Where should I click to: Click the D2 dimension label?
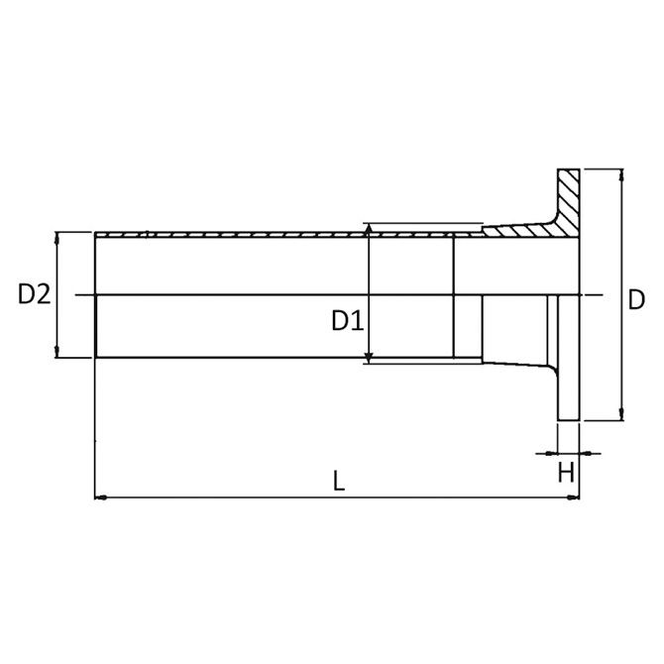pyautogui.click(x=35, y=294)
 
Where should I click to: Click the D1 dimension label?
pyautogui.click(x=348, y=320)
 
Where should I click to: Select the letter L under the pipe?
pyautogui.click(x=339, y=481)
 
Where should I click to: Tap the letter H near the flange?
pyautogui.click(x=566, y=472)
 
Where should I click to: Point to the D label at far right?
pyautogui.click(x=636, y=299)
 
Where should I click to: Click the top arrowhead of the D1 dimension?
pyautogui.click(x=370, y=229)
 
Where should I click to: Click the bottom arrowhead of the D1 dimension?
pyautogui.click(x=370, y=358)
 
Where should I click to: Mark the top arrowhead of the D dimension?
pyautogui.click(x=621, y=174)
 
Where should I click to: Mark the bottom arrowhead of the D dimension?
pyautogui.click(x=621, y=415)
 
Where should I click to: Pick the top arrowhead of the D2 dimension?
pyautogui.click(x=57, y=238)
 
